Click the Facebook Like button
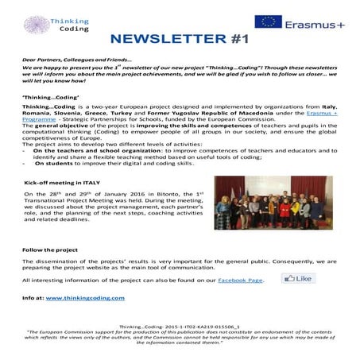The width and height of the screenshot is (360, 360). pos(299,279)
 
